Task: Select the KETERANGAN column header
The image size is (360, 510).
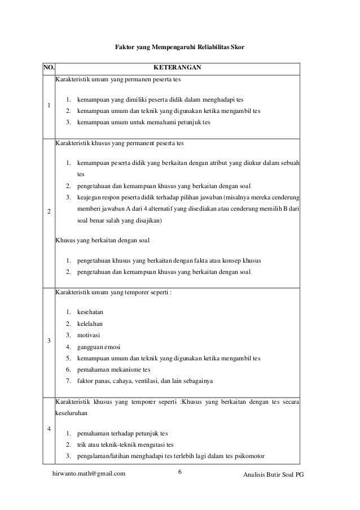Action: (x=177, y=69)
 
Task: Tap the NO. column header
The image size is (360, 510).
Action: (x=49, y=69)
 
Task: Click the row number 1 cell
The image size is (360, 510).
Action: (x=49, y=106)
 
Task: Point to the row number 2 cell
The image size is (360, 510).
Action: (x=49, y=211)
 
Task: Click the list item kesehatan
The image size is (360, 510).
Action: (x=91, y=312)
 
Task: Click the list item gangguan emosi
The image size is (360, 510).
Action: (x=98, y=346)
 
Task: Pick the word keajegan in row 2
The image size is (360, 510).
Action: (x=90, y=198)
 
